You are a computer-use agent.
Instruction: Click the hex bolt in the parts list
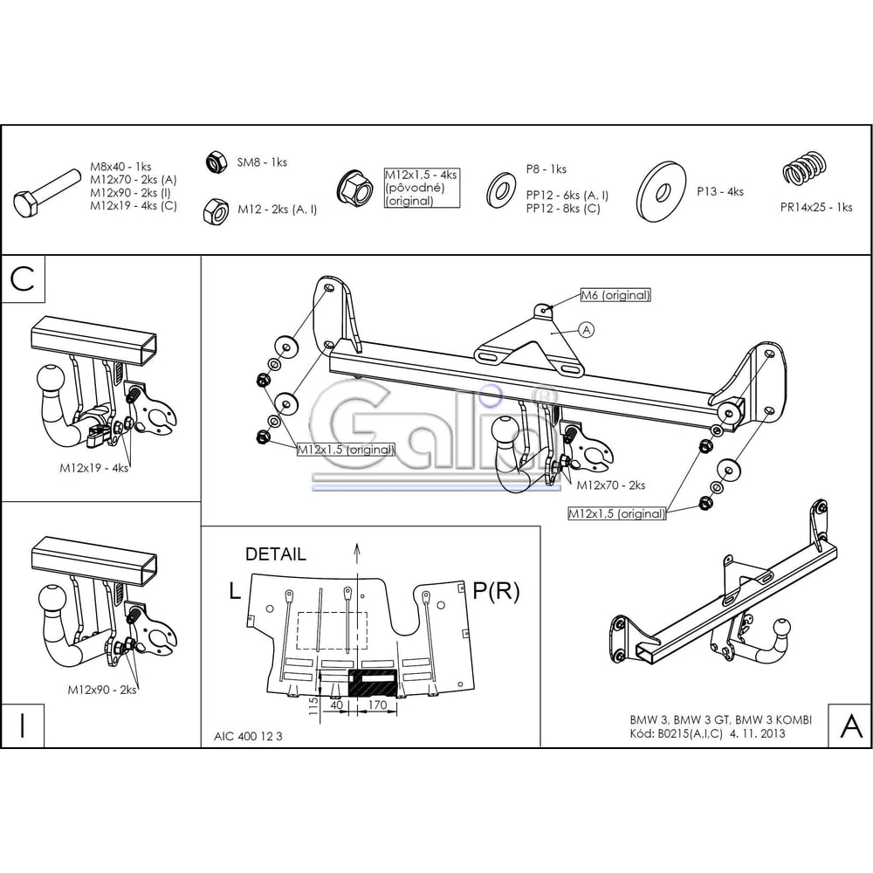(48, 193)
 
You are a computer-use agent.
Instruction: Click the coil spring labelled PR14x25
(804, 168)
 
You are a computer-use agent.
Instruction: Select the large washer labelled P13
(662, 192)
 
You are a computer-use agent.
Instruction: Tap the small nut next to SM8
(216, 162)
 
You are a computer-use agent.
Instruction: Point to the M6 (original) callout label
(615, 295)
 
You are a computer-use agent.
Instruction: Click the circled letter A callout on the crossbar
(587, 330)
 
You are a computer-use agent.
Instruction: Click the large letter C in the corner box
(23, 279)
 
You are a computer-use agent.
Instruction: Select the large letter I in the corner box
(23, 725)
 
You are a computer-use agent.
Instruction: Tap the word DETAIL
(276, 554)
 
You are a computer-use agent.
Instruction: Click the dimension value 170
(377, 705)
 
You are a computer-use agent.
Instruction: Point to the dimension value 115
(313, 706)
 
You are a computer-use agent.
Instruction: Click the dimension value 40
(337, 705)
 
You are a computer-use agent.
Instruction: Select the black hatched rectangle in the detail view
(373, 684)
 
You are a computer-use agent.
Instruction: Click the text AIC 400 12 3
(248, 736)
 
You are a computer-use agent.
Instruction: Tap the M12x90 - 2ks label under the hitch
(102, 690)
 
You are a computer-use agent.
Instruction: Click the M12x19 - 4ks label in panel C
(94, 468)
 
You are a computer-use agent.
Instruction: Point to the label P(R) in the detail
(496, 591)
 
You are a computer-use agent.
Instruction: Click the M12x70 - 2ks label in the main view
(611, 485)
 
